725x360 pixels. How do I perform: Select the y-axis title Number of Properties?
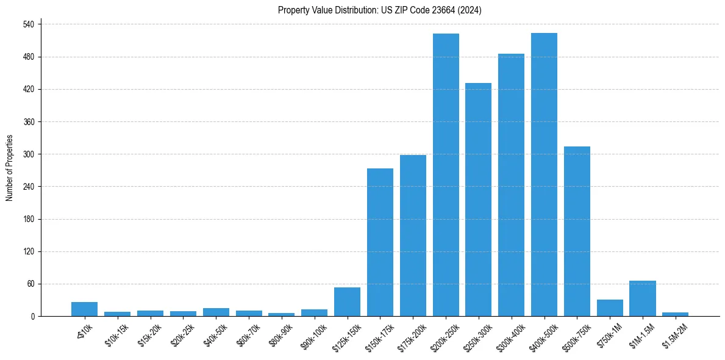[x=10, y=168]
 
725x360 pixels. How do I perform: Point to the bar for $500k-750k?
[x=577, y=231]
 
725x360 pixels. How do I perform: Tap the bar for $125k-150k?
[x=347, y=302]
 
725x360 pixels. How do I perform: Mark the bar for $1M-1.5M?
[x=642, y=298]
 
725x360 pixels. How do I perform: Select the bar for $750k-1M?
[x=610, y=308]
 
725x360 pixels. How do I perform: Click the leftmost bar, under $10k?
[x=84, y=309]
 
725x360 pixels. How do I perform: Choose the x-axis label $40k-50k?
[x=216, y=335]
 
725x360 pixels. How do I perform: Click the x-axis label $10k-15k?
[x=117, y=335]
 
